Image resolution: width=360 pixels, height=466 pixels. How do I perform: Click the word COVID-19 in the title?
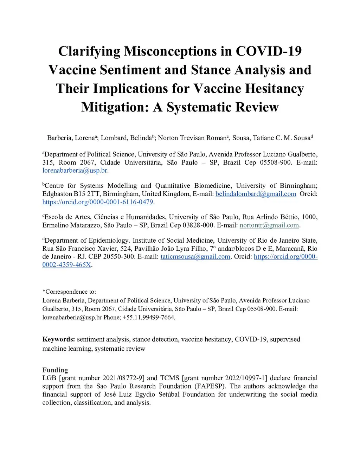269,51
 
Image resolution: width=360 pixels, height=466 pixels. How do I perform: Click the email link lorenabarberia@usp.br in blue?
75,171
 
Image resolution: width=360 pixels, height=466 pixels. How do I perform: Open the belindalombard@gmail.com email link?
256,194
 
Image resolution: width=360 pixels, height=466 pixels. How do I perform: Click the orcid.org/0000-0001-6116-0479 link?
98,202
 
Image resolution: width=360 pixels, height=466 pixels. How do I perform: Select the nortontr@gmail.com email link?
269,225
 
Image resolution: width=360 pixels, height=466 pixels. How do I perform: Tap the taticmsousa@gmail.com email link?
195,256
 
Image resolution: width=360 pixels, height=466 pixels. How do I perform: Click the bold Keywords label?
58,339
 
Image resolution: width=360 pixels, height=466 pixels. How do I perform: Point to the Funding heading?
55,370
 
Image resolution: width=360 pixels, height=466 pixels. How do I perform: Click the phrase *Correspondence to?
69,292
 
